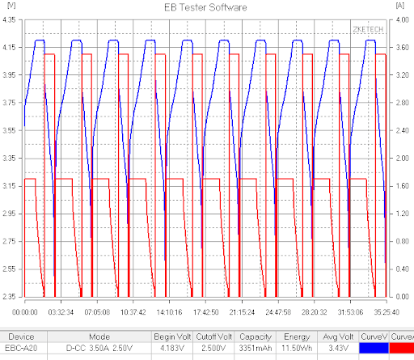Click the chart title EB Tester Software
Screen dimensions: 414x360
(x=205, y=7)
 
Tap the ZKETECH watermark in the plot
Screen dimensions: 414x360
(x=368, y=29)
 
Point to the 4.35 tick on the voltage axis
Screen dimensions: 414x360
(x=9, y=19)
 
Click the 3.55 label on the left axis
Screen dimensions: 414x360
(x=9, y=130)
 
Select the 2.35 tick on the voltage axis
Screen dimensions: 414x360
(x=9, y=297)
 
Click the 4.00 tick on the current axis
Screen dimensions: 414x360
(x=403, y=19)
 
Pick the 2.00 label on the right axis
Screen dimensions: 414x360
(x=403, y=158)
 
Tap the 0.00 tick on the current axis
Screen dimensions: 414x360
(x=403, y=297)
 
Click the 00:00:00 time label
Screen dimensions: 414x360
(x=25, y=312)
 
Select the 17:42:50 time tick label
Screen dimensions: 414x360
(x=205, y=312)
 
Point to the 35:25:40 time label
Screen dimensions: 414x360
(x=387, y=312)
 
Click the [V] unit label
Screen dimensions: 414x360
(x=11, y=6)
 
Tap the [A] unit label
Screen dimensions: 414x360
(x=399, y=6)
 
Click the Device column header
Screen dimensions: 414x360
(x=21, y=337)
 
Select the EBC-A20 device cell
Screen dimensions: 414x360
(x=21, y=348)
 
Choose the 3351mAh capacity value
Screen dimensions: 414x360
(x=256, y=348)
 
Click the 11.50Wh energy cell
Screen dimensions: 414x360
(x=297, y=348)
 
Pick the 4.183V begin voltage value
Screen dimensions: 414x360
(x=172, y=348)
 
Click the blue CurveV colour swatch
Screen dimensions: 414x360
(x=374, y=348)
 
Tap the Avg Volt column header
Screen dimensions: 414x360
(x=338, y=337)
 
